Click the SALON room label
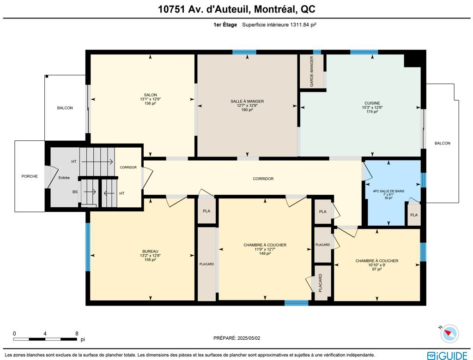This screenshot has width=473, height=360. pos(150,95)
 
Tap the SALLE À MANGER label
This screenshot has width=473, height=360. pos(247,101)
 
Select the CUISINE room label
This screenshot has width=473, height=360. pos(372,103)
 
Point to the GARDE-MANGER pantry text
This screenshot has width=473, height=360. pos(312,72)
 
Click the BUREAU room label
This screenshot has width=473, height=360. pos(150,252)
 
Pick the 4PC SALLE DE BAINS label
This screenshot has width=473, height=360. pos(388,191)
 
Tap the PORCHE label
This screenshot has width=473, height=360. pos(30,176)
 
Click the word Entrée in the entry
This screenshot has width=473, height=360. pos(64,178)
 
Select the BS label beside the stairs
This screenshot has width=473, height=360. pos(75,192)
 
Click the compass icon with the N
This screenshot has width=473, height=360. pos(449,334)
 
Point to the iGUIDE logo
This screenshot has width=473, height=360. pos(447,355)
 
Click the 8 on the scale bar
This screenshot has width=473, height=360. pos(77,334)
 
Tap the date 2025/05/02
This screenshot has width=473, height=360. pos(249,338)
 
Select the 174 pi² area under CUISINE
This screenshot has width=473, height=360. pos(372,112)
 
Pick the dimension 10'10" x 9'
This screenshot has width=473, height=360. pos(377,265)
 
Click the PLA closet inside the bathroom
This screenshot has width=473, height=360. pos(414,215)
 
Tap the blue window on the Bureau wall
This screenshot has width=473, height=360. pos(88,246)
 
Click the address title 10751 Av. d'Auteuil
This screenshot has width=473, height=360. pos(204,9)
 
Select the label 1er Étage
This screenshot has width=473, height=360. pos(225,25)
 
